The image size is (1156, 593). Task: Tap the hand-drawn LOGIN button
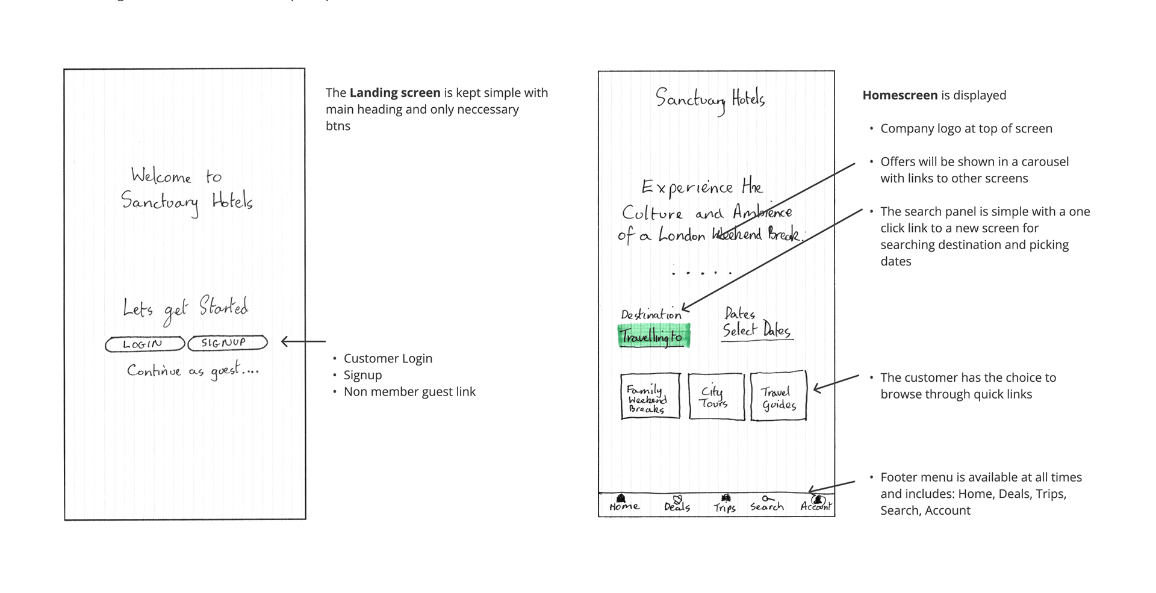click(144, 344)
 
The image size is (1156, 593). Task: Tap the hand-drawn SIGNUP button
click(227, 343)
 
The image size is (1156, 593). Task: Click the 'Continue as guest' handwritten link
click(193, 370)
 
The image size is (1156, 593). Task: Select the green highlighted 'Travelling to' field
click(653, 336)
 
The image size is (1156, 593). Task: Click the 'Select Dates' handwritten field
click(757, 330)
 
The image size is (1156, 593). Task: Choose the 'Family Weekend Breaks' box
click(650, 396)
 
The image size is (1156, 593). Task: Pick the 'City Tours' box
click(716, 396)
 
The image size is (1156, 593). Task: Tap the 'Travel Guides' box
click(778, 396)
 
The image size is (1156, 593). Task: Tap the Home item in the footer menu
click(624, 504)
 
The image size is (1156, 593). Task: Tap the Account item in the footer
click(816, 504)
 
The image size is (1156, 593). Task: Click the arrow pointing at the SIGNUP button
click(303, 342)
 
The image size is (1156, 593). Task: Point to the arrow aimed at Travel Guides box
click(836, 383)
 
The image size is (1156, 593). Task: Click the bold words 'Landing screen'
click(395, 93)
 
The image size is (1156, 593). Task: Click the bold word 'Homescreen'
click(900, 95)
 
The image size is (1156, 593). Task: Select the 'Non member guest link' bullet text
click(409, 392)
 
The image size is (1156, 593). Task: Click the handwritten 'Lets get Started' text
click(185, 308)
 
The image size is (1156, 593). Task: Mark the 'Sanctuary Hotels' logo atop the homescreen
click(710, 99)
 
